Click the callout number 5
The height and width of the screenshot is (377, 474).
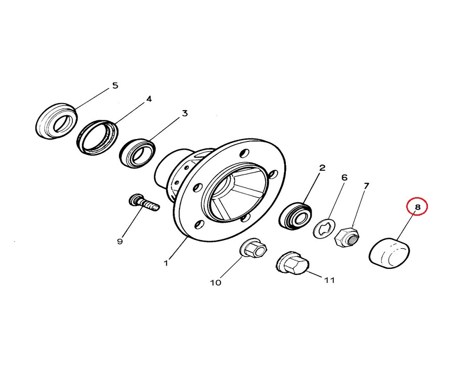[115, 85]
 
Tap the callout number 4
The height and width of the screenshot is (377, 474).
[149, 99]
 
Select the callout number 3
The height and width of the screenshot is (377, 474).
[185, 113]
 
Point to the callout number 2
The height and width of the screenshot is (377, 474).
[322, 167]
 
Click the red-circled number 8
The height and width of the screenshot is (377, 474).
[417, 207]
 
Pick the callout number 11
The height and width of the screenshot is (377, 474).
[329, 280]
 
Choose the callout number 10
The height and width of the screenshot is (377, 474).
[216, 283]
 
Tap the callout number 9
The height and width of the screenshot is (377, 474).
[120, 242]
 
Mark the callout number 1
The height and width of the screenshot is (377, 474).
[165, 263]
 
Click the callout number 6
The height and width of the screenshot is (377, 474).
[344, 177]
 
